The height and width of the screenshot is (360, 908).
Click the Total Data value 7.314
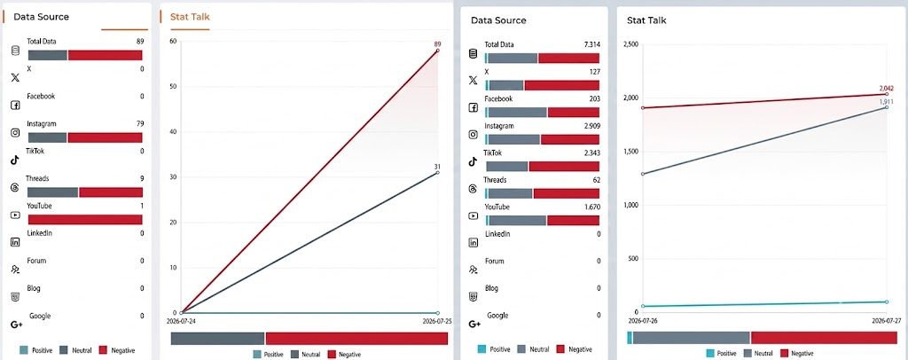[x=591, y=44]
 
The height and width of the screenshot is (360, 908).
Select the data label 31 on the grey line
[x=437, y=168]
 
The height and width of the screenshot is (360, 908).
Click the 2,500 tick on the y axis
[x=630, y=44]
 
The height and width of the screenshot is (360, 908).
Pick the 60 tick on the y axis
[x=173, y=41]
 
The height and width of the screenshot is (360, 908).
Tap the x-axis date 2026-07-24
[x=181, y=321]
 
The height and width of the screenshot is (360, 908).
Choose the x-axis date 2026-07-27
[x=887, y=319]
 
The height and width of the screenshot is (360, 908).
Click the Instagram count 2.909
[x=591, y=126]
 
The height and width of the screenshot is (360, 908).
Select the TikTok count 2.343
[x=591, y=153]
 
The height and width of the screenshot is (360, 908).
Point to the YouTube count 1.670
[x=591, y=207]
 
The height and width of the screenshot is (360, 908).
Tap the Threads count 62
[x=597, y=180]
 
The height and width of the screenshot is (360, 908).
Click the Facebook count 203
[x=595, y=99]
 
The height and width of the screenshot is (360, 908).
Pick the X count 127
[x=595, y=72]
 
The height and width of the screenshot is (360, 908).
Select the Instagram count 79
[x=140, y=124]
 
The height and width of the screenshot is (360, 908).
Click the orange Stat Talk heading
[x=190, y=17]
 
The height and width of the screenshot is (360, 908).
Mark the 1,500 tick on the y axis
[x=630, y=152]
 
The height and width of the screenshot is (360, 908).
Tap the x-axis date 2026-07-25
[x=437, y=321]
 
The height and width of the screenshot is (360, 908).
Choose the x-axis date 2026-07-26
[x=643, y=319]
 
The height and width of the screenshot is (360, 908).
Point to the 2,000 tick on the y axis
[x=630, y=98]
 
